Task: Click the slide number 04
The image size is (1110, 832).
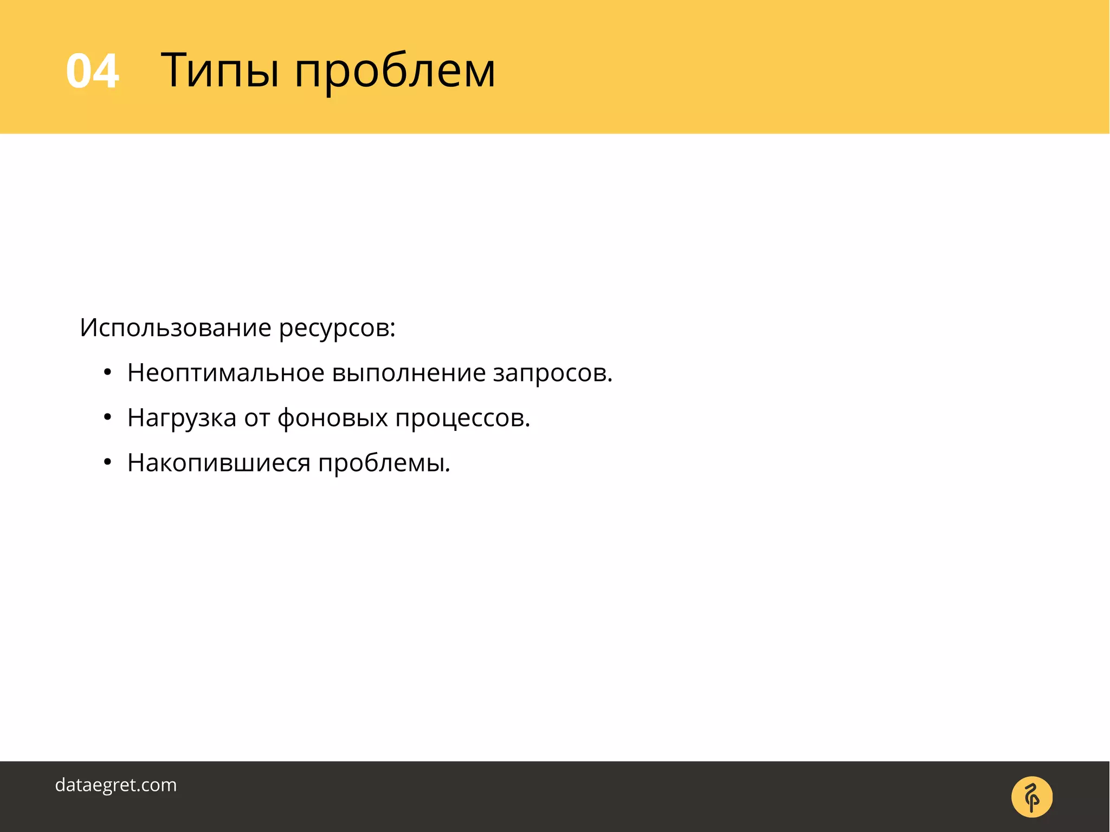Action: pyautogui.click(x=92, y=71)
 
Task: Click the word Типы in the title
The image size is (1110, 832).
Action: pyautogui.click(x=220, y=71)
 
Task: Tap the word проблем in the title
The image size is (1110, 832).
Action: pyautogui.click(x=395, y=73)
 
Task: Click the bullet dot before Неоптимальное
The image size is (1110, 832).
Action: pyautogui.click(x=107, y=373)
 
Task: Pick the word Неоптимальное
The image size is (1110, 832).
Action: pyautogui.click(x=225, y=373)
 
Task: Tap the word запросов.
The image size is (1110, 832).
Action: pyautogui.click(x=552, y=375)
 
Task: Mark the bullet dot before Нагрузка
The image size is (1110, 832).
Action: pyautogui.click(x=107, y=417)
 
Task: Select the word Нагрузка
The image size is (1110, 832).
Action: pyautogui.click(x=182, y=418)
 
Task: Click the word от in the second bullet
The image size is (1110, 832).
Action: pyautogui.click(x=256, y=418)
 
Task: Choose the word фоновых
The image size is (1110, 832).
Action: pyautogui.click(x=332, y=418)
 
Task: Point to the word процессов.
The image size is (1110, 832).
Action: pyautogui.click(x=462, y=420)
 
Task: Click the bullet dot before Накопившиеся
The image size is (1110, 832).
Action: pyautogui.click(x=107, y=462)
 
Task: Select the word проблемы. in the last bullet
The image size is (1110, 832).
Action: pyautogui.click(x=384, y=464)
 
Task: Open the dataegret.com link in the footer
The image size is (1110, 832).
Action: pyautogui.click(x=116, y=785)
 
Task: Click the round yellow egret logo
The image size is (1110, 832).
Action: pyautogui.click(x=1031, y=797)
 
